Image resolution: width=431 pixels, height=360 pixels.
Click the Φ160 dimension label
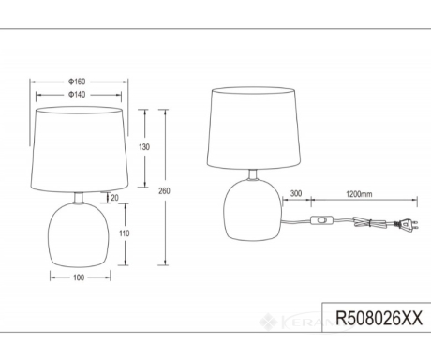77,82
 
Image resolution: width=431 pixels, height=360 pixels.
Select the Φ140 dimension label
77,95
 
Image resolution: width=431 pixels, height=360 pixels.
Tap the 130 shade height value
144,147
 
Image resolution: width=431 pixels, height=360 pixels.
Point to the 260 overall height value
164,191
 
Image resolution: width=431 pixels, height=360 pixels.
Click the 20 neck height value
114,198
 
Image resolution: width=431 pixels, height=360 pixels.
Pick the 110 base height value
124,233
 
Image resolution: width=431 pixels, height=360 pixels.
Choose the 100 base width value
79,277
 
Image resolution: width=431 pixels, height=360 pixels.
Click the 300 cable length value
296,193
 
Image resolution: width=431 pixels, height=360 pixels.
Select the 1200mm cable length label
359,194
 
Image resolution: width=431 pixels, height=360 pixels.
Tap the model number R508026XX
379,318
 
